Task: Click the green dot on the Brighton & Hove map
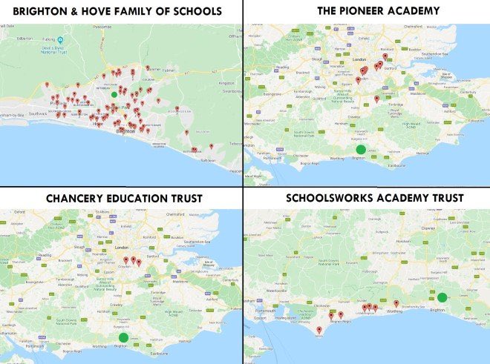pos(113,95)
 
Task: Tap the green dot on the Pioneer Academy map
pos(360,150)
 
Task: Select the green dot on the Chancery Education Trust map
pos(123,337)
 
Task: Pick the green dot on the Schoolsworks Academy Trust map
pos(442,297)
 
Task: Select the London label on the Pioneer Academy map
pos(361,60)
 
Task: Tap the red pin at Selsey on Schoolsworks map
pos(319,329)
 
